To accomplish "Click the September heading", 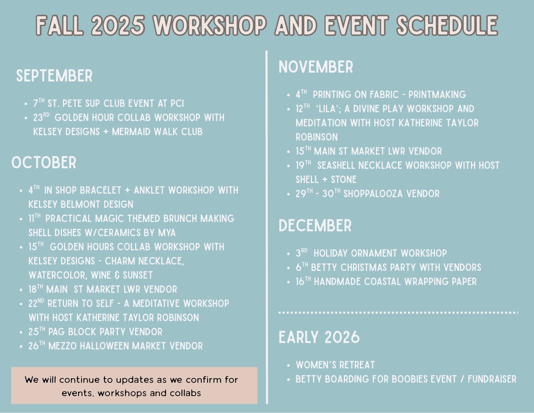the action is tap(54, 76).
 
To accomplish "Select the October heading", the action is tap(44, 162).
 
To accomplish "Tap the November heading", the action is tap(316, 67).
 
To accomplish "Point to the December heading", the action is tap(315, 225).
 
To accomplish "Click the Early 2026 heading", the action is tap(319, 337).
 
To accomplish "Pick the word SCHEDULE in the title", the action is tap(447, 25).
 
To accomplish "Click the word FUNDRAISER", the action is tap(492, 379).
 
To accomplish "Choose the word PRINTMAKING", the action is tap(437, 95).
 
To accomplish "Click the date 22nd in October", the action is tap(36, 303).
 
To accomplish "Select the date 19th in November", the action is tap(303, 165).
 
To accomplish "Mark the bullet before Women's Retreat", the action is tap(288, 365).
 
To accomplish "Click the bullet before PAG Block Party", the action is tap(21, 332).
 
